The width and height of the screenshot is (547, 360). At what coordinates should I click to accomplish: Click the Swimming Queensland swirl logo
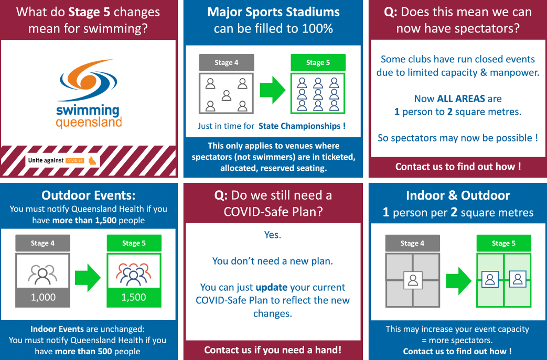[x=88, y=80]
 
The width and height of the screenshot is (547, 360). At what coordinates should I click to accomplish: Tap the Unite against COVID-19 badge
[x=62, y=160]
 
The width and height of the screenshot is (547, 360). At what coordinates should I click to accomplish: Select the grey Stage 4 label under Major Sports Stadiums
[x=227, y=62]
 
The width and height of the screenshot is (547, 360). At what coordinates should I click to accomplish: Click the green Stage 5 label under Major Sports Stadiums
[x=318, y=62]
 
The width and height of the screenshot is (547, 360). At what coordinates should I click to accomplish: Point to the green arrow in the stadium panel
[x=273, y=90]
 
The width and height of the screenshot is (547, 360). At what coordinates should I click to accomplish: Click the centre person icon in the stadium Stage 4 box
[x=227, y=95]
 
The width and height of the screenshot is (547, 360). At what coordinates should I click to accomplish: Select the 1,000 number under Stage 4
[x=43, y=297]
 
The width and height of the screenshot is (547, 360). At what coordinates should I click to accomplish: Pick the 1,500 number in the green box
[x=134, y=297]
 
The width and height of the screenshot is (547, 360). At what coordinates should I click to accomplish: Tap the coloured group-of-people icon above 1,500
[x=134, y=275]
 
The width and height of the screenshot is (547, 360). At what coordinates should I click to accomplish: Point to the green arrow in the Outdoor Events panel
[x=88, y=277]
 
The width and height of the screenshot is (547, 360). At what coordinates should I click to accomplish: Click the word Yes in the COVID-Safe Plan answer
[x=273, y=235]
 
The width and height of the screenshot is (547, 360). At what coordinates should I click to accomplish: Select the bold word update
[x=272, y=288]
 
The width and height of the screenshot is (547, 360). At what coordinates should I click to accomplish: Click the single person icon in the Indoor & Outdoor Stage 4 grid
[x=413, y=280]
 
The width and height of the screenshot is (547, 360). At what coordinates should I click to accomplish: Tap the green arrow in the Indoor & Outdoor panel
[x=459, y=281]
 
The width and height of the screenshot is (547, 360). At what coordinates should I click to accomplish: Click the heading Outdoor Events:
[x=88, y=195]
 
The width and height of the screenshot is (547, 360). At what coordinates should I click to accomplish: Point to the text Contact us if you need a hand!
[x=273, y=350]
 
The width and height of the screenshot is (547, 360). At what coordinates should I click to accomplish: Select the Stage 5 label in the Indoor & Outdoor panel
[x=504, y=243]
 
